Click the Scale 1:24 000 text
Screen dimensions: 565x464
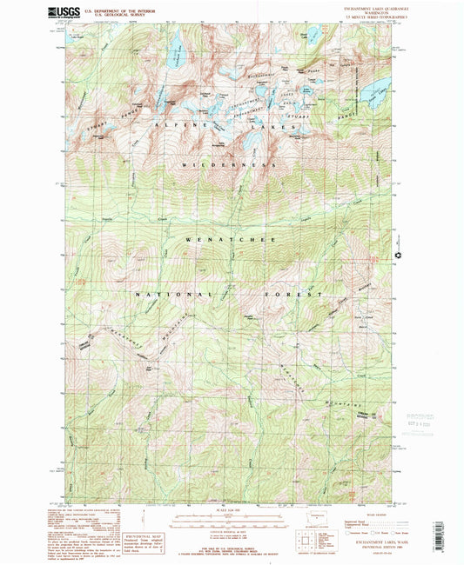coord(232,509)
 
